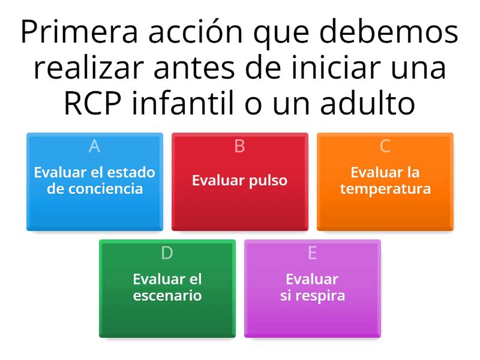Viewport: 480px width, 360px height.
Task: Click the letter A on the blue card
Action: [94, 146]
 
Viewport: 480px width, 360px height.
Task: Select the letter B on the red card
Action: [239, 146]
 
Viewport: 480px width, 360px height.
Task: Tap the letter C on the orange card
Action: [385, 146]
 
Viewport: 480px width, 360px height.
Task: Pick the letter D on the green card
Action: [167, 253]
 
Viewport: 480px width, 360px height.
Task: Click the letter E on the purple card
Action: [312, 253]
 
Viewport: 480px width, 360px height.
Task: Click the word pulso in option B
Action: [269, 181]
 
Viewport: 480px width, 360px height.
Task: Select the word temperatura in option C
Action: [385, 189]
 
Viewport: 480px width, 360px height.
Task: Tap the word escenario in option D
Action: [167, 296]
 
